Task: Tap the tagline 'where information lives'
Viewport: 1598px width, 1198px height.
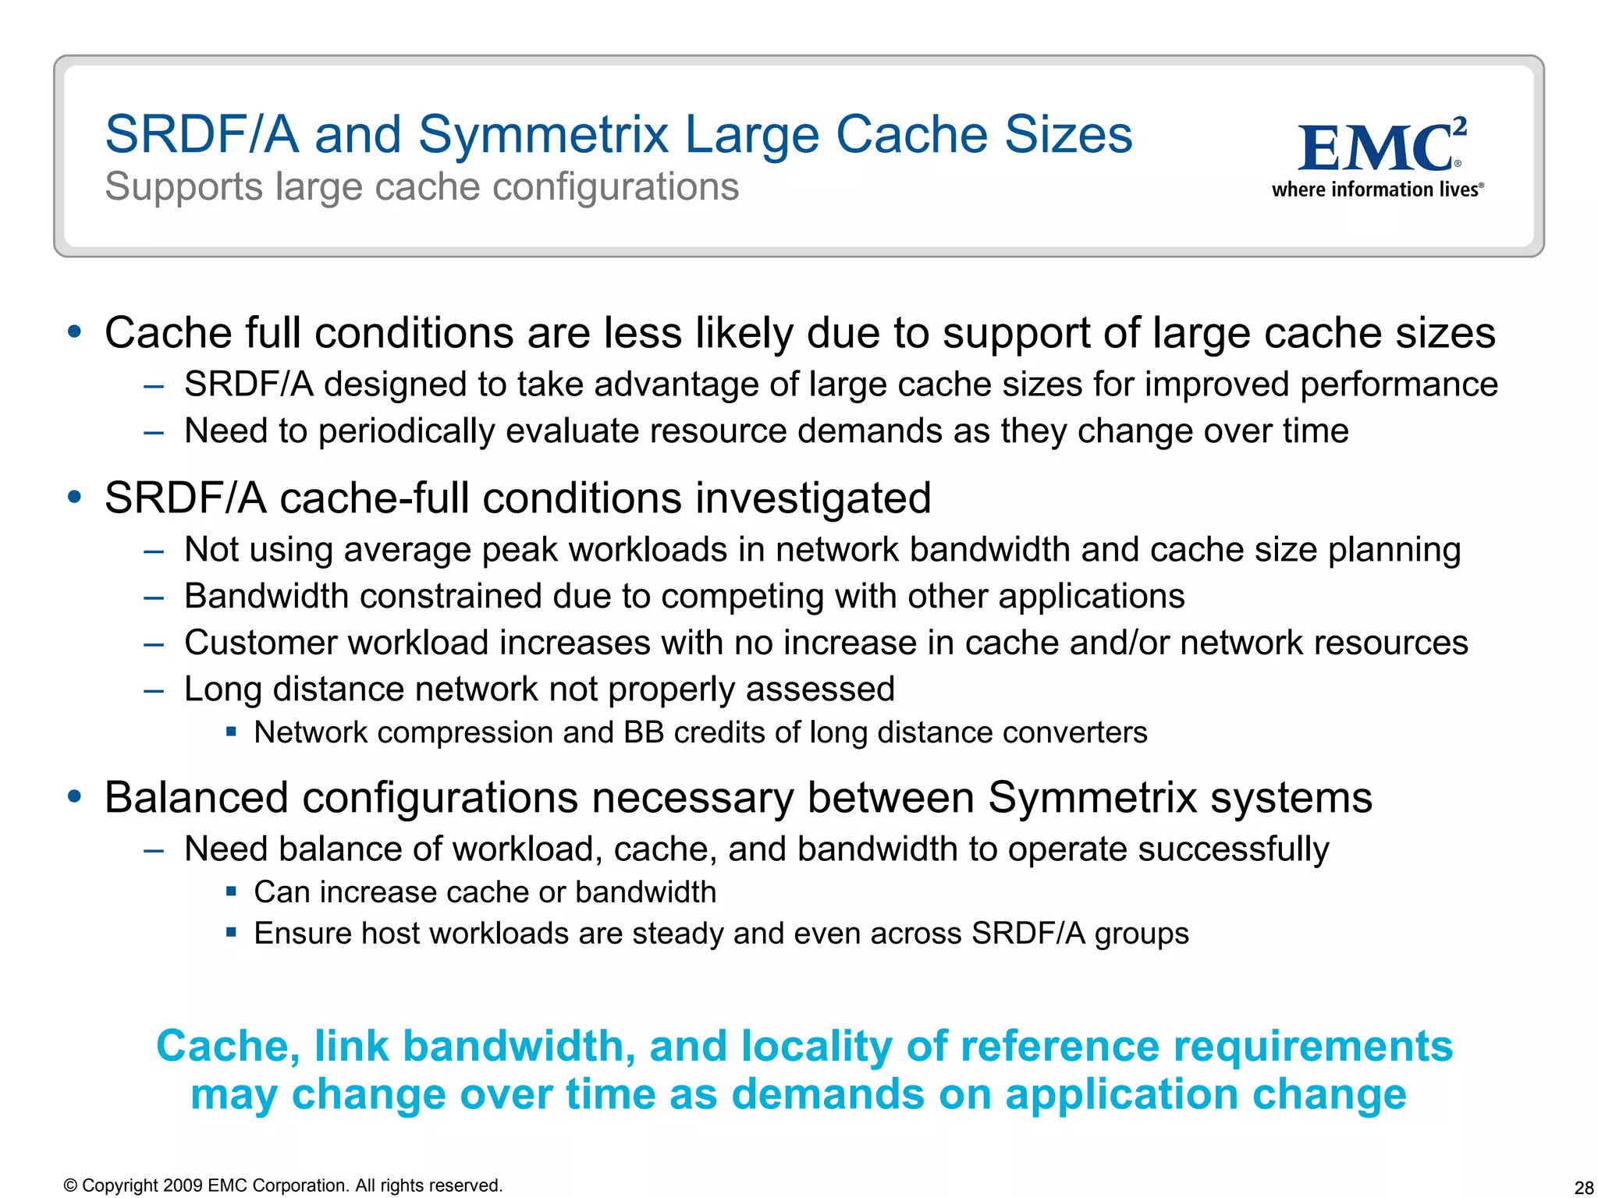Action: [1376, 190]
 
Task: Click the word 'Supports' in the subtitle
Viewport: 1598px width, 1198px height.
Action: [183, 188]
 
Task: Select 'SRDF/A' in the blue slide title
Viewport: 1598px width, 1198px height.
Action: [202, 134]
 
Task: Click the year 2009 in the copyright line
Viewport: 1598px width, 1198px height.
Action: [183, 1186]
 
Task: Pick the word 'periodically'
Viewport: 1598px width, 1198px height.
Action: [407, 431]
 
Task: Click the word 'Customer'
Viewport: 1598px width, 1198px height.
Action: [261, 643]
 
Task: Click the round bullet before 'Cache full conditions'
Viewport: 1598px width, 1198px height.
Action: [75, 332]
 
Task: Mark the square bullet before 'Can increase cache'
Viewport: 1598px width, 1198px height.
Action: [231, 891]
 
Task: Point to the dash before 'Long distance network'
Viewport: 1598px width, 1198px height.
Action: [154, 690]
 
